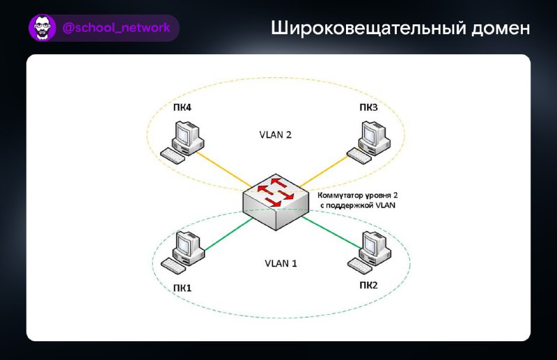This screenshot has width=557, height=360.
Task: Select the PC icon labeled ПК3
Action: [369, 142]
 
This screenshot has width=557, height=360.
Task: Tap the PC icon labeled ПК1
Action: [183, 252]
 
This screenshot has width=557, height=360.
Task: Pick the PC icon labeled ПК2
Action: [369, 252]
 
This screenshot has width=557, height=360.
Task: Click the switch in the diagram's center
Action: [276, 202]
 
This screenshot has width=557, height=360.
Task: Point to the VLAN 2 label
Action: [275, 134]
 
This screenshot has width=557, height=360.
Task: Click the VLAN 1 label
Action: [281, 263]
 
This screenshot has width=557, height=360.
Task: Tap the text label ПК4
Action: [182, 107]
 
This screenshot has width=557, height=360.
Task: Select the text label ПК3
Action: [368, 107]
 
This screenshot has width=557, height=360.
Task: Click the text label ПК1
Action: [182, 288]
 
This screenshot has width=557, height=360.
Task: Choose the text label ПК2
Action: [368, 285]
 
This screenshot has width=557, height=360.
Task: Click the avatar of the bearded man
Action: [42, 28]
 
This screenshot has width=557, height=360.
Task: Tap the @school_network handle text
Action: [116, 28]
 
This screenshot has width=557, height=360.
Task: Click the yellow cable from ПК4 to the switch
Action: [223, 169]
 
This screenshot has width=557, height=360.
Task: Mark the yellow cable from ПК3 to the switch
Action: [324, 171]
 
